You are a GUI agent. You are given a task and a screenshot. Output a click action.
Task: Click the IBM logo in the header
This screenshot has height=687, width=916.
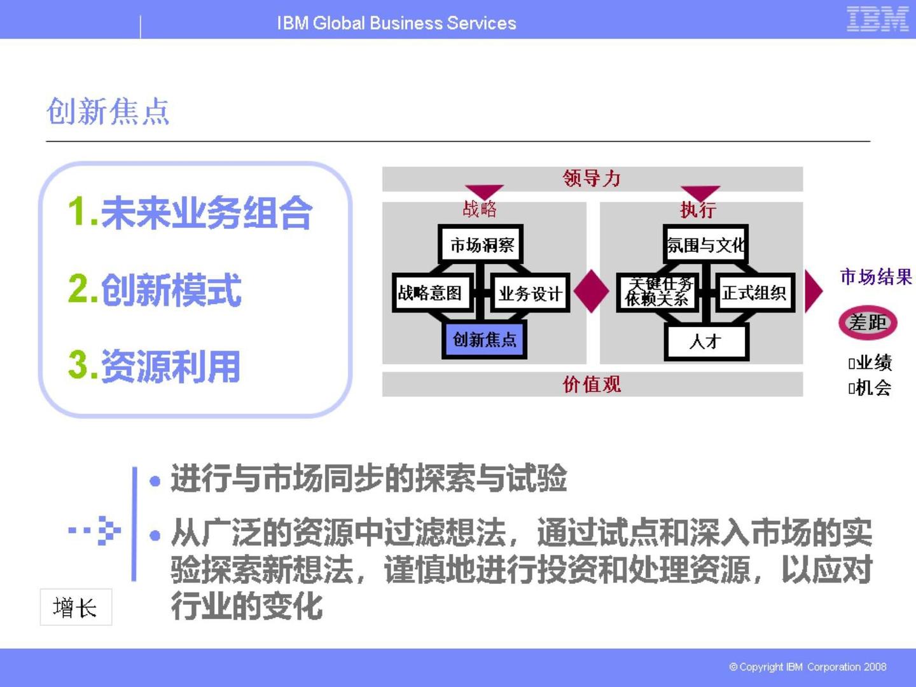[x=877, y=19]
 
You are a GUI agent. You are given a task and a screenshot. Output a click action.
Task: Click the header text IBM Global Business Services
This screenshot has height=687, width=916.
[x=396, y=23]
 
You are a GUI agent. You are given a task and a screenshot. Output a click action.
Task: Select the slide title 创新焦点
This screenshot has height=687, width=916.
[x=108, y=112]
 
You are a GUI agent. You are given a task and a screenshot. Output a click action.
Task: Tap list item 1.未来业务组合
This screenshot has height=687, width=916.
[x=190, y=212]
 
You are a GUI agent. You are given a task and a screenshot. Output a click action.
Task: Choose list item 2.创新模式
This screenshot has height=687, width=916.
[x=155, y=290]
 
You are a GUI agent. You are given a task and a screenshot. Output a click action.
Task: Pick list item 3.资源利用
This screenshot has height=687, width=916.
[x=155, y=366]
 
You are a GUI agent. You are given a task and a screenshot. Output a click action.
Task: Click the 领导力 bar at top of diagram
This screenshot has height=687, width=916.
[x=592, y=179]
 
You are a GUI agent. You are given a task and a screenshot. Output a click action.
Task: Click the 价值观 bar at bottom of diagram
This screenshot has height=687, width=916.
[x=592, y=384]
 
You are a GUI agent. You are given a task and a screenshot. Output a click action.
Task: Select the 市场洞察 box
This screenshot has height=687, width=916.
[x=482, y=244]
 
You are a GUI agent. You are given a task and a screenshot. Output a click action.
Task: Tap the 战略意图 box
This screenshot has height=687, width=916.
[x=431, y=293]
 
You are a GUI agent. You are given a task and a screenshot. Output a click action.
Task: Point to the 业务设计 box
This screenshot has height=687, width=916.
[x=530, y=293]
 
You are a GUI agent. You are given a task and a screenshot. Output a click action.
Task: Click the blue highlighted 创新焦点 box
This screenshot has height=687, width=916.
[x=484, y=340]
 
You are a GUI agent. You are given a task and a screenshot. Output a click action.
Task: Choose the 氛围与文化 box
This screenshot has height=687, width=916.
[x=705, y=244]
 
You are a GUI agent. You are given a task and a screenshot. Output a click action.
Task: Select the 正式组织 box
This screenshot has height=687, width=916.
[x=754, y=293]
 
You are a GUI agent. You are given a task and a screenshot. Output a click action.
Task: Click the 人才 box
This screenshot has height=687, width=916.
[x=705, y=342]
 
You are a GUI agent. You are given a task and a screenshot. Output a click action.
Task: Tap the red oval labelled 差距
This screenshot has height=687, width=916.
[x=868, y=323]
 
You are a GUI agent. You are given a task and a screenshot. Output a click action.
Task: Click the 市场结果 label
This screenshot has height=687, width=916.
[x=876, y=277]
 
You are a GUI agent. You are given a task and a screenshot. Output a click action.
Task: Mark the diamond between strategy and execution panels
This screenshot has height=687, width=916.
[x=592, y=291]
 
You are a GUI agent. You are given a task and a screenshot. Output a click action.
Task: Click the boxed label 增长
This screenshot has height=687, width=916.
[x=76, y=607]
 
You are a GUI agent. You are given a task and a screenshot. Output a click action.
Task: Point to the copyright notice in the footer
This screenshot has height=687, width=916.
[x=807, y=667]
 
